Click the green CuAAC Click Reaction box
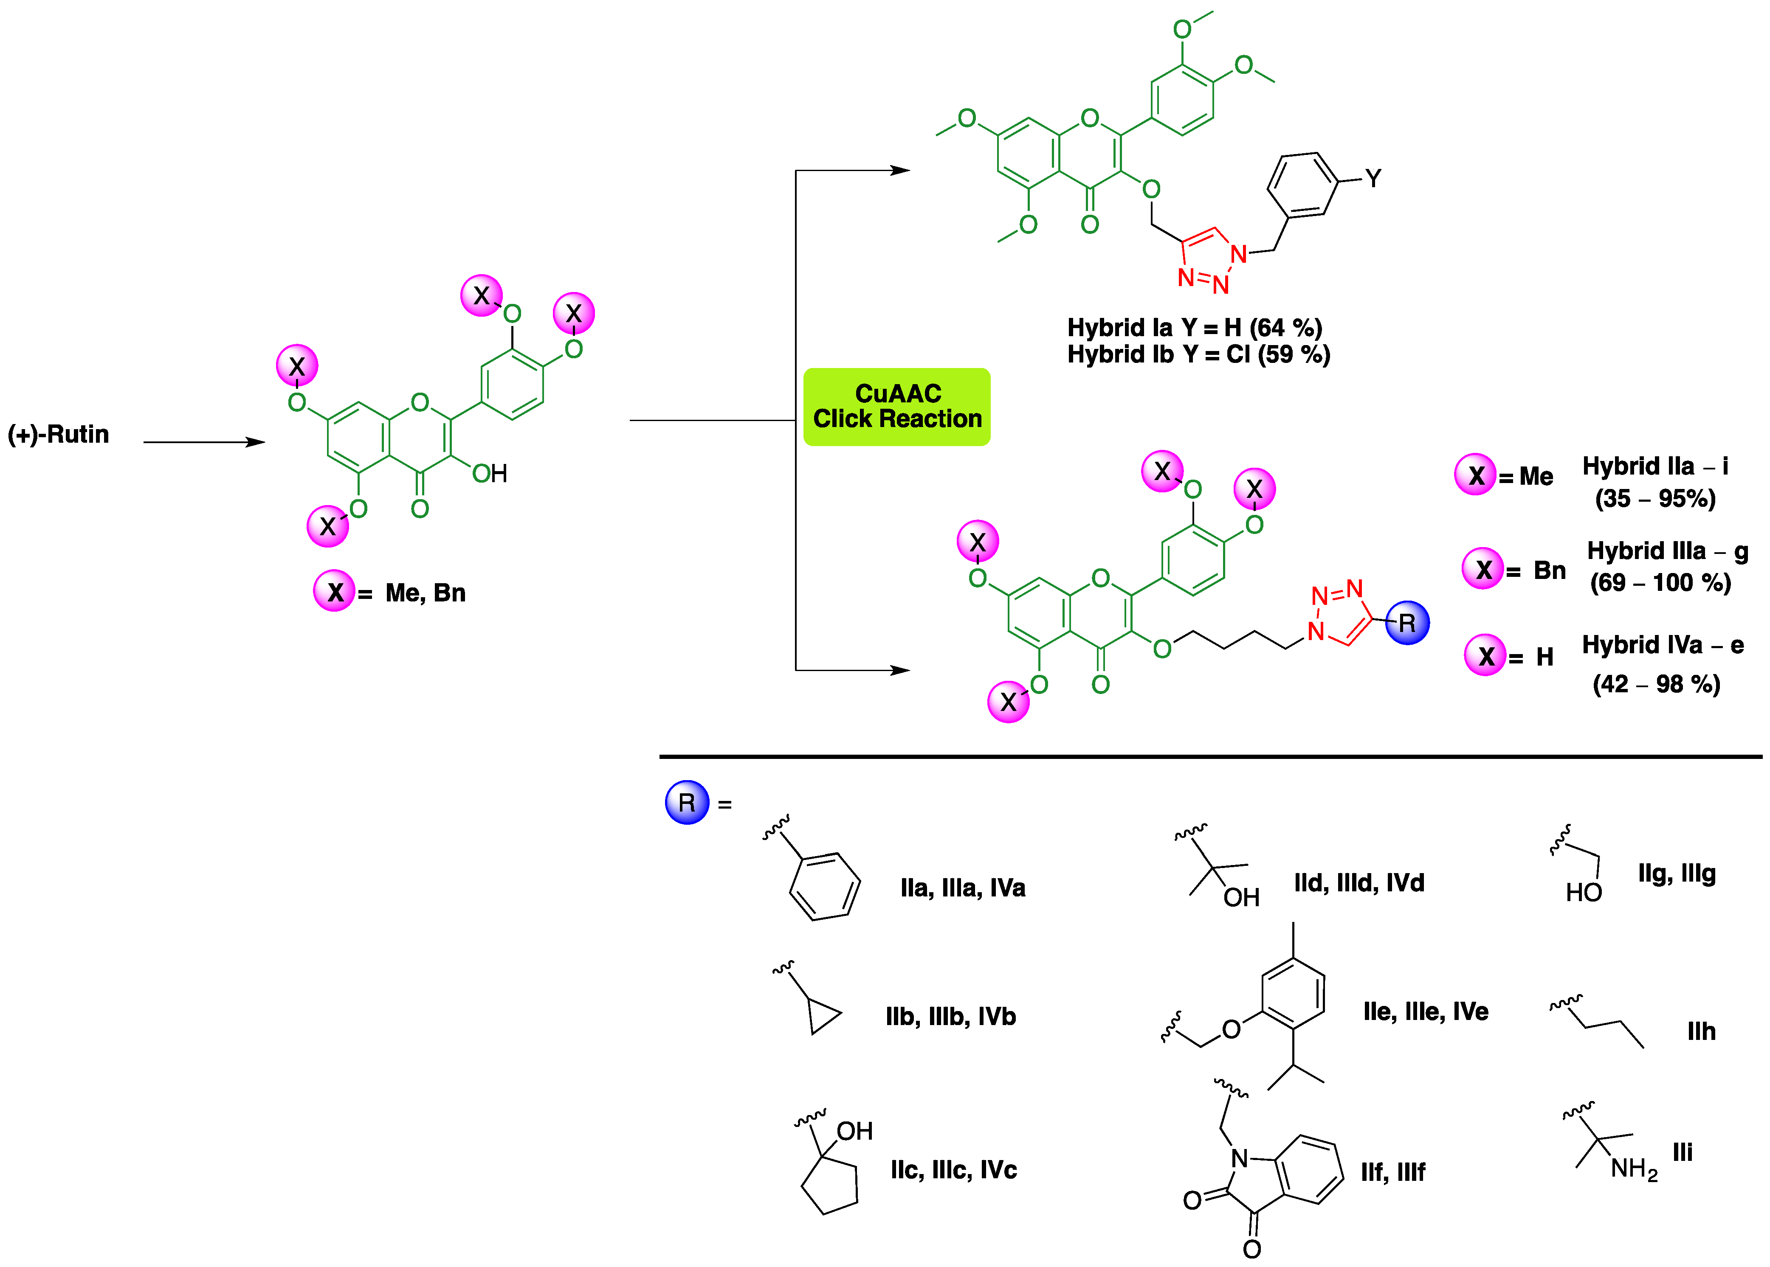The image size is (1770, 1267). coord(897,407)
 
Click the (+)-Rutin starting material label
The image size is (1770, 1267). coord(59,435)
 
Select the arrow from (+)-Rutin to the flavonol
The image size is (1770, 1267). coord(204,442)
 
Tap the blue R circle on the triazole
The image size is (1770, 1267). coord(1407,623)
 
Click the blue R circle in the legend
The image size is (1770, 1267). coord(687,802)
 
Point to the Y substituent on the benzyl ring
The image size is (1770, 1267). coord(1373,179)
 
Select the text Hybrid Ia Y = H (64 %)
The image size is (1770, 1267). coord(1194,328)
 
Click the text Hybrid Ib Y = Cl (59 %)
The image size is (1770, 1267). coord(1198,354)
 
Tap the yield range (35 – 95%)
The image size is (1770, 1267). coord(1654,499)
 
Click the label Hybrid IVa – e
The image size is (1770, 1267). coord(1662,645)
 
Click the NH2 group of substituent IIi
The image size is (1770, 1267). coord(1633,1169)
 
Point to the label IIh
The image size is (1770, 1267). coord(1701,1031)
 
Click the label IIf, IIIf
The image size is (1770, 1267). coord(1392,1172)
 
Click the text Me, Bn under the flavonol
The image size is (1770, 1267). coord(426,593)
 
